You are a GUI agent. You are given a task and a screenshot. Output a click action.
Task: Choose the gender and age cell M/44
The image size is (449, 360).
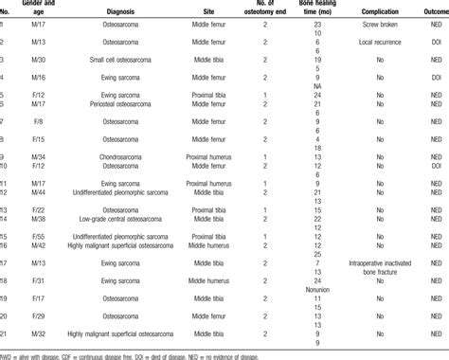(x=33, y=193)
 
